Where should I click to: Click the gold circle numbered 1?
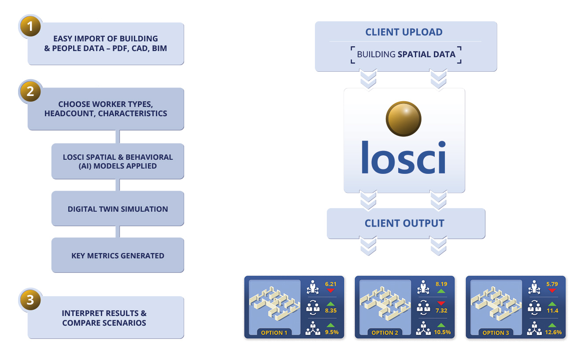[x=30, y=26]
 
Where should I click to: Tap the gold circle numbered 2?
[x=30, y=92]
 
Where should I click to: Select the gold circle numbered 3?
[x=30, y=300]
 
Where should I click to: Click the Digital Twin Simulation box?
[x=118, y=209]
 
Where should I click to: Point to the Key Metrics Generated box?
[x=118, y=256]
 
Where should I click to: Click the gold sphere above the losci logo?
[x=403, y=119]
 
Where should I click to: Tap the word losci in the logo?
[x=403, y=157]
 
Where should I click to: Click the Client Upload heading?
[x=404, y=32]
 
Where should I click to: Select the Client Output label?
[x=404, y=223]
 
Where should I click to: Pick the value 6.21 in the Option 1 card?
[x=330, y=284]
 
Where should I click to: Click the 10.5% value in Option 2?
[x=442, y=332]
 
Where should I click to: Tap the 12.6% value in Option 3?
[x=553, y=332]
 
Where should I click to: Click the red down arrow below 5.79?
[x=552, y=291]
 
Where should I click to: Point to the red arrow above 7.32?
[x=441, y=303]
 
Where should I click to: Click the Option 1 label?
[x=274, y=333]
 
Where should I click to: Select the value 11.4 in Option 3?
[x=552, y=311]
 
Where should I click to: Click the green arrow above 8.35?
[x=330, y=304]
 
